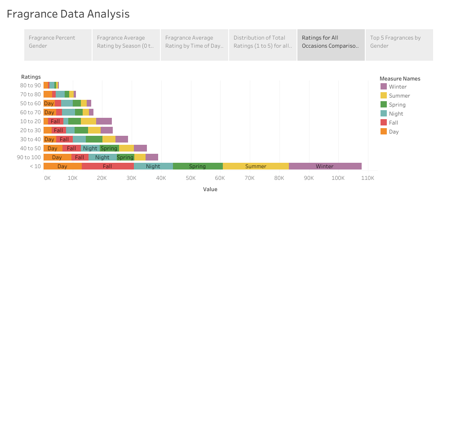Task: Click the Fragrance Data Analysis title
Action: [x=68, y=14]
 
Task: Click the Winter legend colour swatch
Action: [x=384, y=87]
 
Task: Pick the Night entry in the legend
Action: [x=396, y=114]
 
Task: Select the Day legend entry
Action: [x=394, y=132]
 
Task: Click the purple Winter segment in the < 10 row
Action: [x=325, y=166]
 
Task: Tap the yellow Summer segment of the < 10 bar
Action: [x=256, y=166]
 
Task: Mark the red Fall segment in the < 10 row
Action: [x=107, y=166]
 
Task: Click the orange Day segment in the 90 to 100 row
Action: [x=57, y=157]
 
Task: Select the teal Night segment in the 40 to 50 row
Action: [x=90, y=148]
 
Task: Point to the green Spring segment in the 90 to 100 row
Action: [x=125, y=157]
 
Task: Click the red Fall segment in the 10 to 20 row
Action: [x=55, y=121]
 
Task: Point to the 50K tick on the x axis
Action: [x=190, y=178]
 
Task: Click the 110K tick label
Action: [x=367, y=178]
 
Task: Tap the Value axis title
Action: [x=210, y=189]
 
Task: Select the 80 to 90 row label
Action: [x=31, y=85]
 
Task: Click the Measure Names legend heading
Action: [x=400, y=79]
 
